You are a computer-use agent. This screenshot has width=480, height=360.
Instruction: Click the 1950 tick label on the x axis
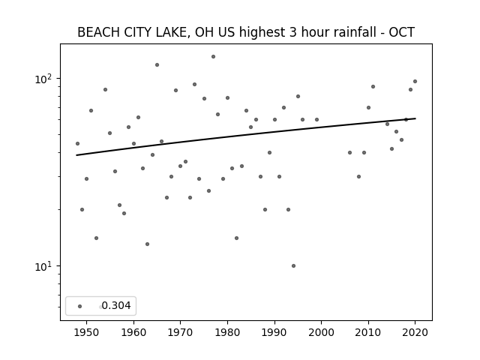(x=87, y=332)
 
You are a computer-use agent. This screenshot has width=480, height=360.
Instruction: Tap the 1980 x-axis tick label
(x=227, y=332)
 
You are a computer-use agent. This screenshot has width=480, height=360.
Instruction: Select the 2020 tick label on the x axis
(x=415, y=332)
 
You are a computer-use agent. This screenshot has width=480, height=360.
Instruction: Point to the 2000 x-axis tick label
(x=322, y=332)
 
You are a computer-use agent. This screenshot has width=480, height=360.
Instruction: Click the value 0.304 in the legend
(x=116, y=305)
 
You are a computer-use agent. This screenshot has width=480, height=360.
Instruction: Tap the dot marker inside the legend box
(x=80, y=306)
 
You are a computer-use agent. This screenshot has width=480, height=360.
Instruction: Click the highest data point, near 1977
(x=213, y=57)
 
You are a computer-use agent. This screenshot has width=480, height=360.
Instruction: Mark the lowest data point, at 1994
(x=293, y=266)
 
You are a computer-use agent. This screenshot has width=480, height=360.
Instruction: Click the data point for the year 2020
(x=415, y=82)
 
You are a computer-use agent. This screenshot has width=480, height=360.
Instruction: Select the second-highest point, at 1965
(x=157, y=65)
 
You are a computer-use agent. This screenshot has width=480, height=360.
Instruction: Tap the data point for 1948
(x=77, y=143)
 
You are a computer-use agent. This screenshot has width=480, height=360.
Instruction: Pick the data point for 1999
(x=316, y=120)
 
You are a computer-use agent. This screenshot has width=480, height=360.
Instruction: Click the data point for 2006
(x=350, y=152)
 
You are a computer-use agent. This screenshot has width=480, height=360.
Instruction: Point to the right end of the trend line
(x=415, y=118)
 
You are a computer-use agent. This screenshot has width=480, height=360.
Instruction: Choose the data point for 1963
(x=147, y=244)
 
